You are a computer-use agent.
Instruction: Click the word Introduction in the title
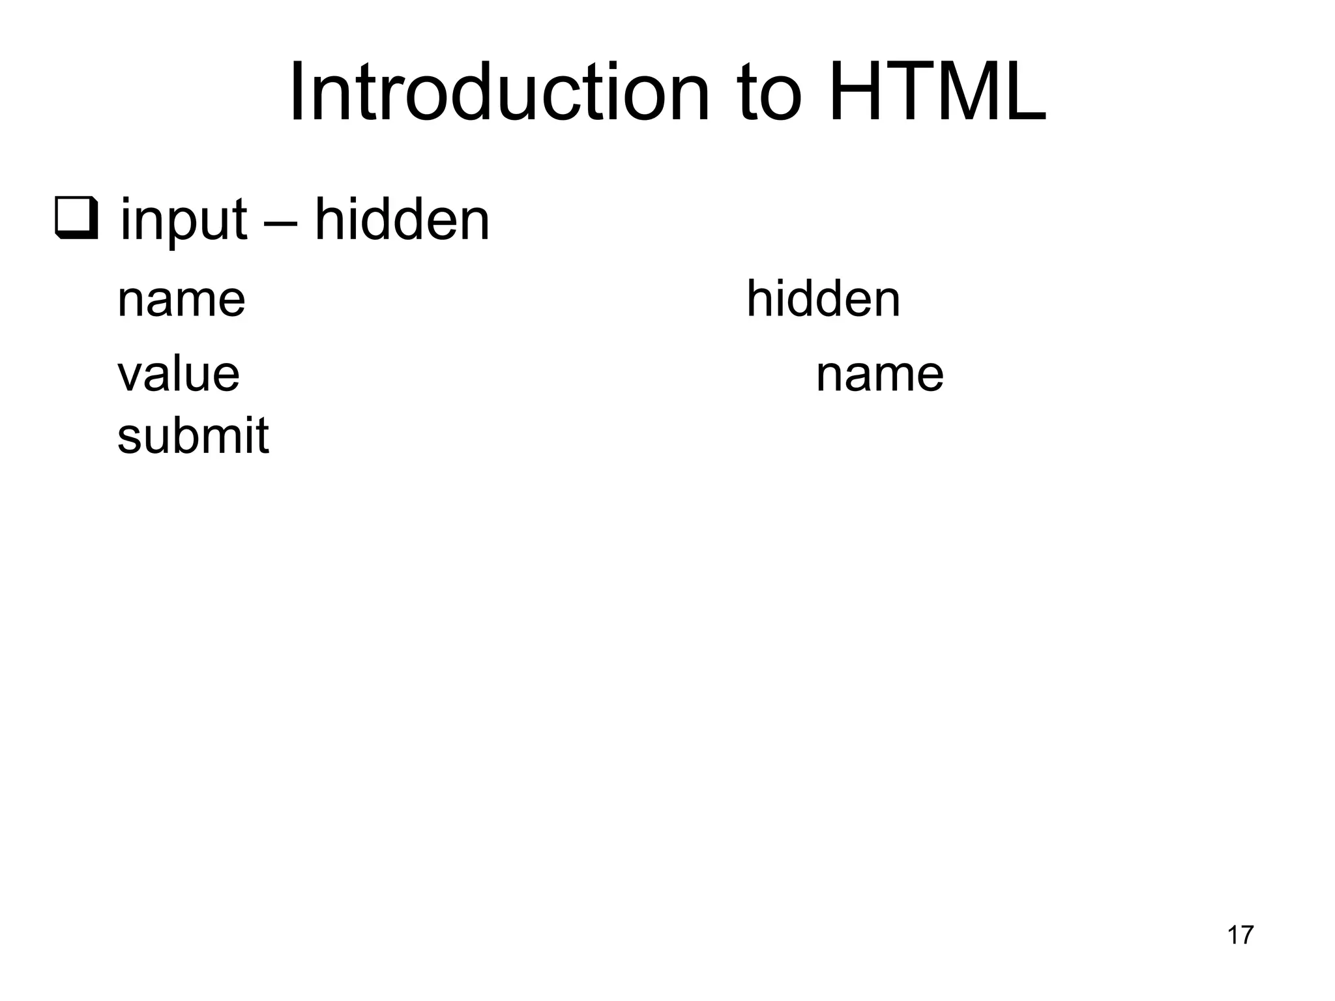tap(499, 92)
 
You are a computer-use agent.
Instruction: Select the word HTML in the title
tap(937, 92)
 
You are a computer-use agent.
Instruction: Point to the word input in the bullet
tap(184, 221)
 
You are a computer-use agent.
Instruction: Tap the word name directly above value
tap(181, 300)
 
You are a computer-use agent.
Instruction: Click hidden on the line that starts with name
tap(823, 298)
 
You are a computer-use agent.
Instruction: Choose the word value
tap(179, 375)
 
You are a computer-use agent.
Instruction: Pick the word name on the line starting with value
tap(879, 375)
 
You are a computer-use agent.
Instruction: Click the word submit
tap(193, 435)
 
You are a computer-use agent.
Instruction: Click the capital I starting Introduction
tap(297, 92)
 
